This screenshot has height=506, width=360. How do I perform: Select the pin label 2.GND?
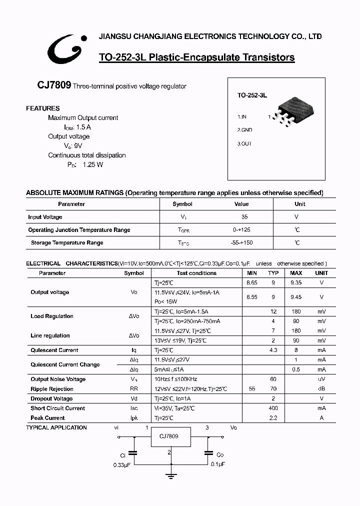244,130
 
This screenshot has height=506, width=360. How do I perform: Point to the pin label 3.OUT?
244,144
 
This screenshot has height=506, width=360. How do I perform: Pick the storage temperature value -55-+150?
242,243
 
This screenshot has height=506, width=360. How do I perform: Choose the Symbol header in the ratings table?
182,204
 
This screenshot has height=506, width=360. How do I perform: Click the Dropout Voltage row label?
51,399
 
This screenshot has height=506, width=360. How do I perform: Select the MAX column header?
296,273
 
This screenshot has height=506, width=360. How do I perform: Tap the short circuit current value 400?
273,408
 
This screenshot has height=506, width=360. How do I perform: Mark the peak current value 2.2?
273,418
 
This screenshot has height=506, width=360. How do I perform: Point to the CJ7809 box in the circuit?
169,436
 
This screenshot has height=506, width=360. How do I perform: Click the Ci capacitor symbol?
133,454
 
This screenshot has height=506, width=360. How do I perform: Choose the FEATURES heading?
42,108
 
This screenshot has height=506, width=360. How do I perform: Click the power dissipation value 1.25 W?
92,165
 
